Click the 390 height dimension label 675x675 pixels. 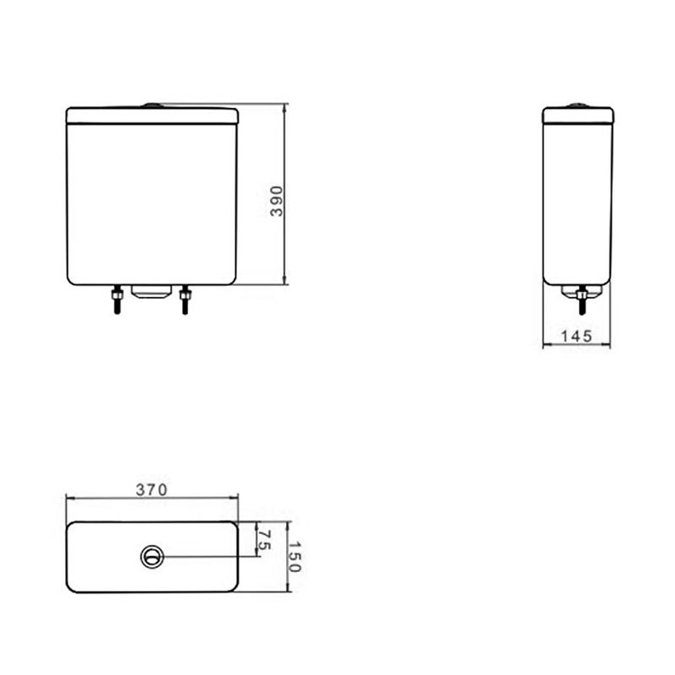click(x=277, y=201)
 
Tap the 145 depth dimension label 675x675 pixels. click(x=576, y=336)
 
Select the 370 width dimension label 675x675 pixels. click(x=152, y=490)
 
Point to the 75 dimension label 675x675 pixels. click(x=264, y=540)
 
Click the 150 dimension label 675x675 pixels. click(x=294, y=557)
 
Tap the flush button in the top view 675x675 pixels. click(x=153, y=557)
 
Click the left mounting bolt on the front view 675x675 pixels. click(x=116, y=300)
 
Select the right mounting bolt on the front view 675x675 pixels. click(x=185, y=300)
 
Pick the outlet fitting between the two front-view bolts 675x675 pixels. click(x=151, y=291)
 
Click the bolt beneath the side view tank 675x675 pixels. click(x=582, y=300)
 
